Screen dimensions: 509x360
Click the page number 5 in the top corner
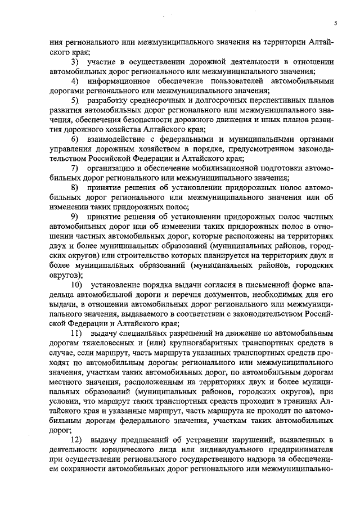coord(335,22)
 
